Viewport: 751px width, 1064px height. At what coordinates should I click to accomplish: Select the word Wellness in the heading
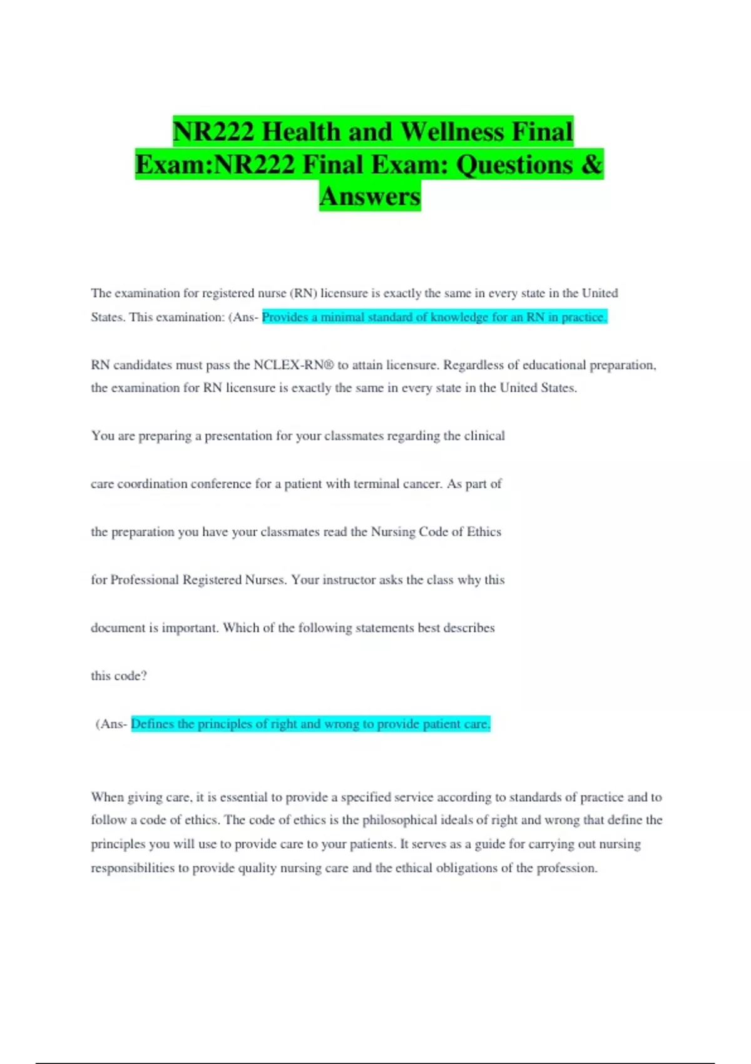452,132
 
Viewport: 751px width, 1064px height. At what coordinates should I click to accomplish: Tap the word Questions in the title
515,165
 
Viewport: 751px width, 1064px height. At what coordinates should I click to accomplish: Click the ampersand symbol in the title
591,165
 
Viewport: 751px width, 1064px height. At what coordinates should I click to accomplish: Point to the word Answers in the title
370,197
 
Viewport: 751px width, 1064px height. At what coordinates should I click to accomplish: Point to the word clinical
484,436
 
